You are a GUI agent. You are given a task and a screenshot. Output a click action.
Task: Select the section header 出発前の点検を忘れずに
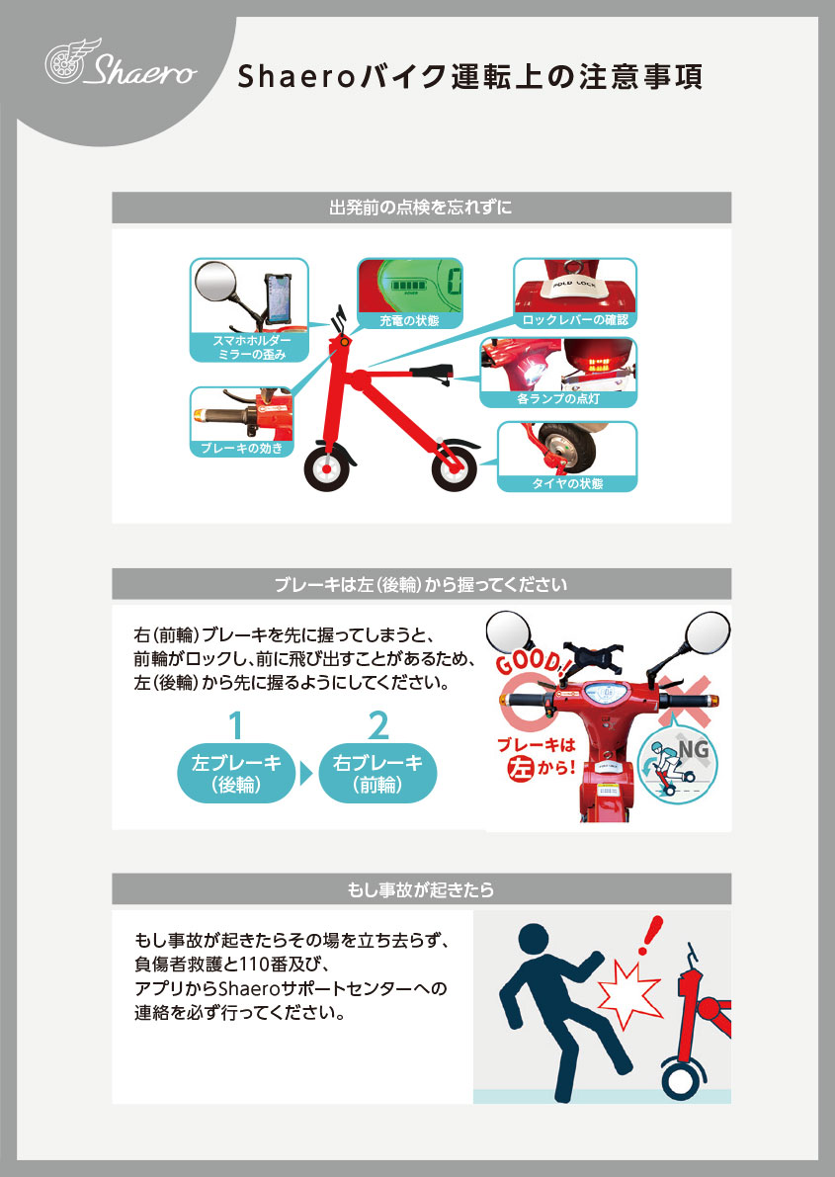pyautogui.click(x=421, y=209)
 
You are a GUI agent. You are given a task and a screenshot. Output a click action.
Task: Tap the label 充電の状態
pyautogui.click(x=409, y=320)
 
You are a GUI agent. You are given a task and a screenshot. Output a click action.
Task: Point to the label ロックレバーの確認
pyautogui.click(x=574, y=320)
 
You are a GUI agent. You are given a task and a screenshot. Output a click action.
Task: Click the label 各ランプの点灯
pyautogui.click(x=557, y=399)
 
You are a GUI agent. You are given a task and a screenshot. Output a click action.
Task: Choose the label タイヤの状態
pyautogui.click(x=566, y=483)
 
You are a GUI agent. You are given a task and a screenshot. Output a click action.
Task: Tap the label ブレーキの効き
pyautogui.click(x=241, y=448)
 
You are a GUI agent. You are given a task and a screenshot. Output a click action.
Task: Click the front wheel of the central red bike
pyautogui.click(x=326, y=468)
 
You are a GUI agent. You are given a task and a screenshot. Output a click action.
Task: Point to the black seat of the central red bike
pyautogui.click(x=429, y=373)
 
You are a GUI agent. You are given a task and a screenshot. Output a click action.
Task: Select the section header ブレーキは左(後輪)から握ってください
pyautogui.click(x=421, y=584)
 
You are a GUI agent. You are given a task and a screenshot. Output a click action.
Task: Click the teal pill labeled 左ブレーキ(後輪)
pyautogui.click(x=236, y=775)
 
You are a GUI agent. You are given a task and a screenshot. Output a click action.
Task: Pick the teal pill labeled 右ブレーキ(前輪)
pyautogui.click(x=377, y=774)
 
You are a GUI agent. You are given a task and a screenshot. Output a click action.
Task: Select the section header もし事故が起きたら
pyautogui.click(x=421, y=889)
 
